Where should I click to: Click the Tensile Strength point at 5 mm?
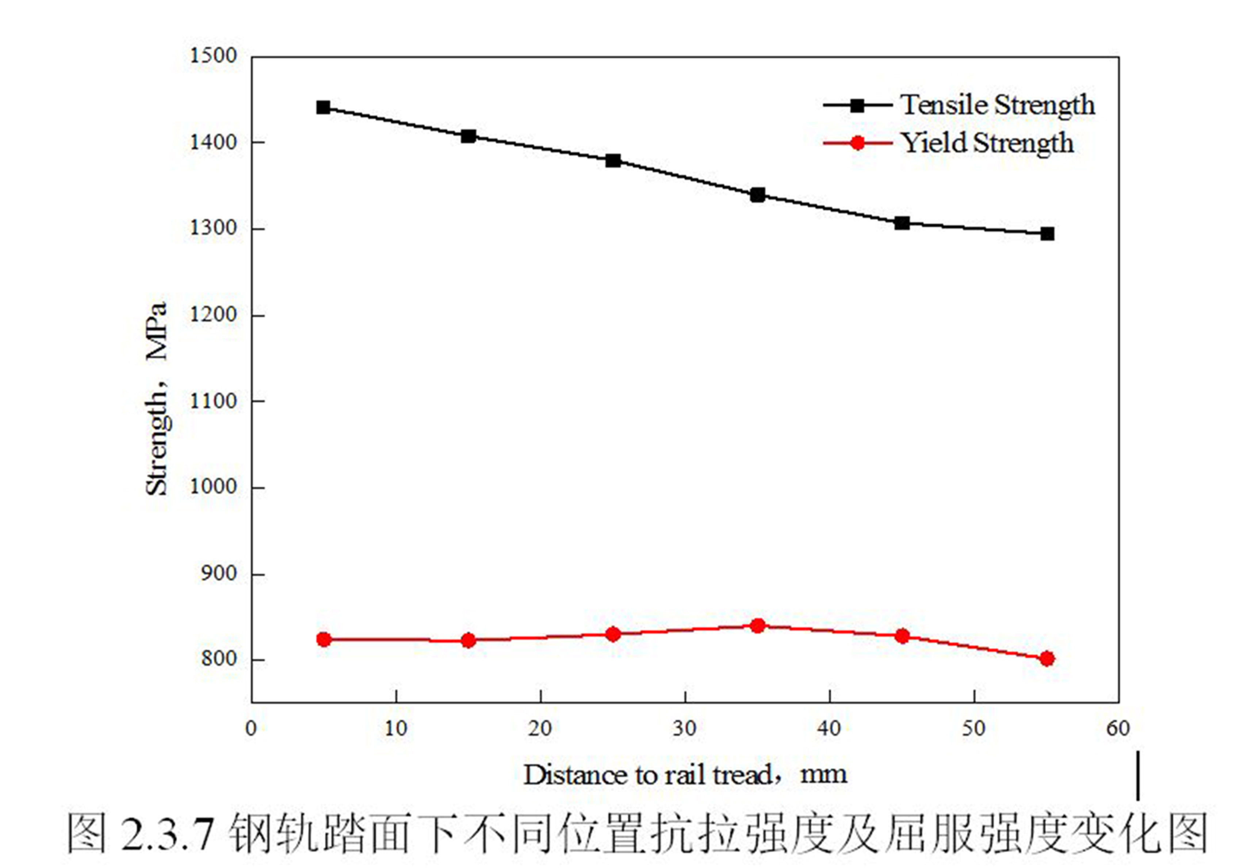click(323, 107)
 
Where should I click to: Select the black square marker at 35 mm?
click(757, 195)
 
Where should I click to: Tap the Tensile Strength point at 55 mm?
click(1047, 234)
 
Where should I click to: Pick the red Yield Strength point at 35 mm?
click(757, 626)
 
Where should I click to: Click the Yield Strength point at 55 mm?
click(1047, 658)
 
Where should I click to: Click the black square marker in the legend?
click(857, 105)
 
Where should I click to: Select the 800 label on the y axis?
click(219, 659)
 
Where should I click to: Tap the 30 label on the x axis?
click(685, 728)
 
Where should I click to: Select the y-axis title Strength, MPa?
click(156, 398)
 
